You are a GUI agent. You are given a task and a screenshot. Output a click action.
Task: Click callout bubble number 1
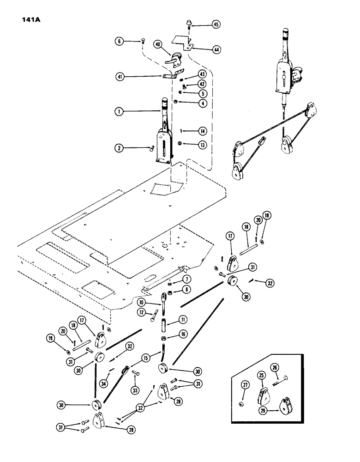point(120,111)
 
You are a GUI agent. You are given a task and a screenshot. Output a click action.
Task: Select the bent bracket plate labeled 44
point(183,43)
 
